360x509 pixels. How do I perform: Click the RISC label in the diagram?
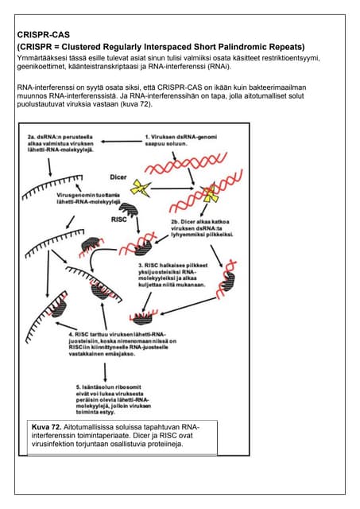(x=120, y=218)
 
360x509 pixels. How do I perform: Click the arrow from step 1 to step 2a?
(x=120, y=142)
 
